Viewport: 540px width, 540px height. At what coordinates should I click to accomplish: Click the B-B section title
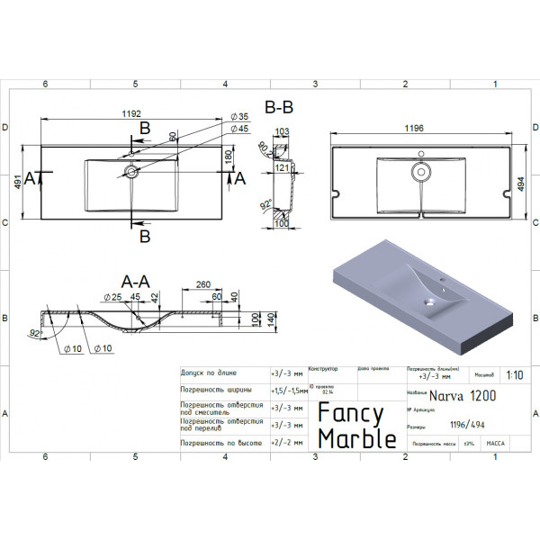click(x=278, y=107)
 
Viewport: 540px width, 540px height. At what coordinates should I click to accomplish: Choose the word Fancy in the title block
click(x=350, y=413)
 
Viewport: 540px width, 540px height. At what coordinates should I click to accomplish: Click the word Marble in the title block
click(x=357, y=438)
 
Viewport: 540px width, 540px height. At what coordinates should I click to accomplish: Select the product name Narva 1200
click(x=463, y=395)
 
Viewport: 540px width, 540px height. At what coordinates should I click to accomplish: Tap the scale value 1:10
click(x=514, y=377)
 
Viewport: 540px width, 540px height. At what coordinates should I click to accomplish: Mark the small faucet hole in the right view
click(x=420, y=153)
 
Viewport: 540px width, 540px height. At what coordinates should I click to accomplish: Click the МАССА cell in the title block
click(x=496, y=445)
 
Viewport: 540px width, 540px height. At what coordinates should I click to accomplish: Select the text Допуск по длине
click(x=210, y=371)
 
